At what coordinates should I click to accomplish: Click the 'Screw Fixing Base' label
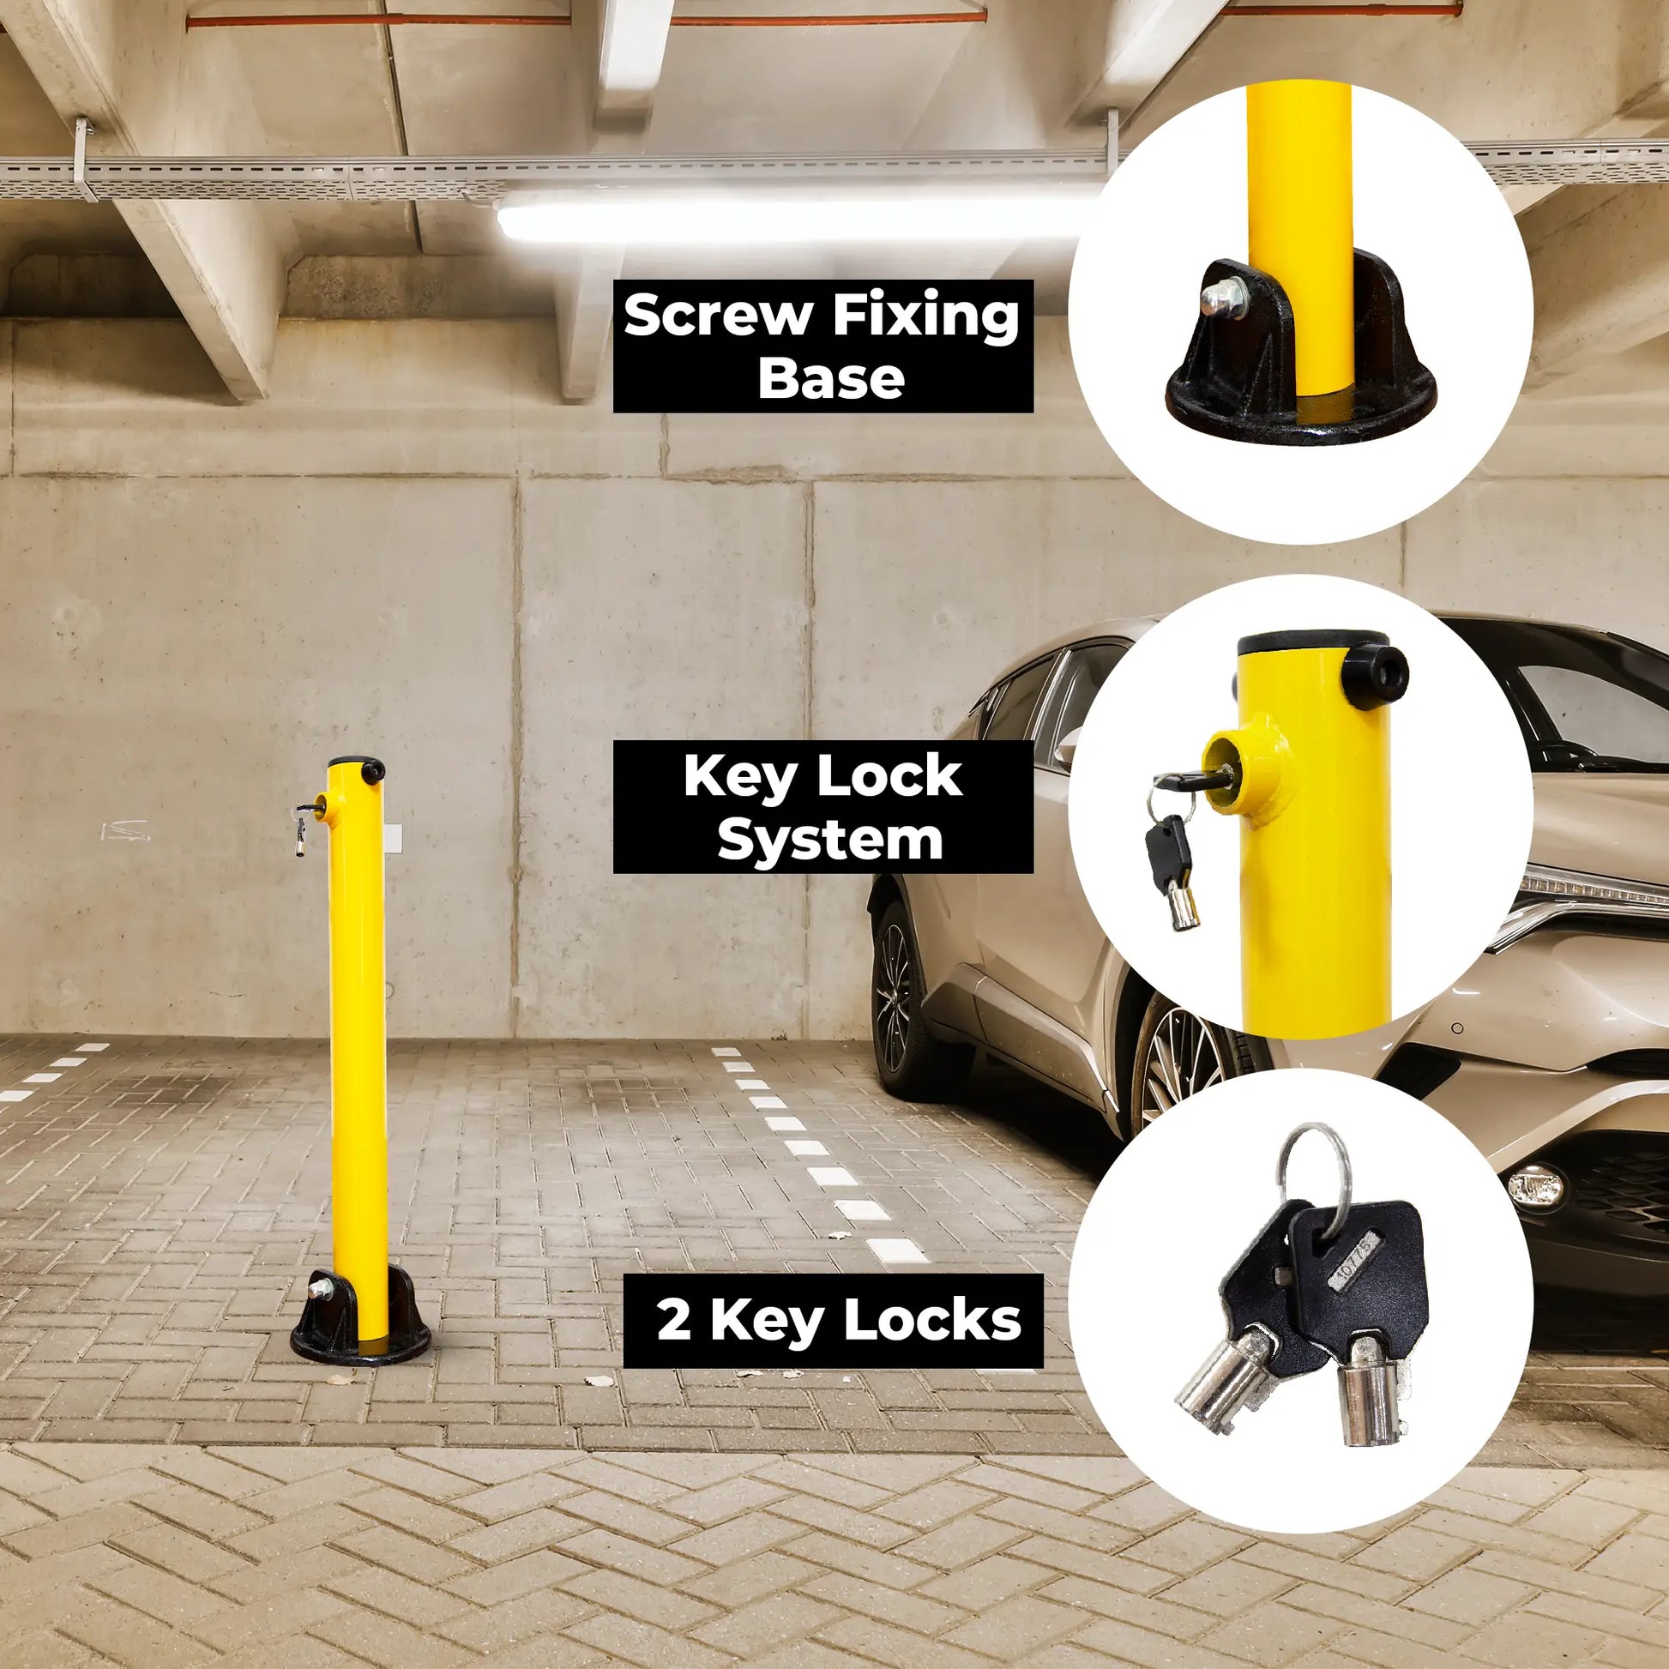823,346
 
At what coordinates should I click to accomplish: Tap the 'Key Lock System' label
823,807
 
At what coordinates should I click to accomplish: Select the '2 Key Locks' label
834,1321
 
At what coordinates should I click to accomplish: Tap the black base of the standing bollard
360,1316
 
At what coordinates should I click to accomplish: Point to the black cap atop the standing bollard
358,768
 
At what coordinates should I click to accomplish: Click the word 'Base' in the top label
831,378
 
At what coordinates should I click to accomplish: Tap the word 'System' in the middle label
830,840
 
